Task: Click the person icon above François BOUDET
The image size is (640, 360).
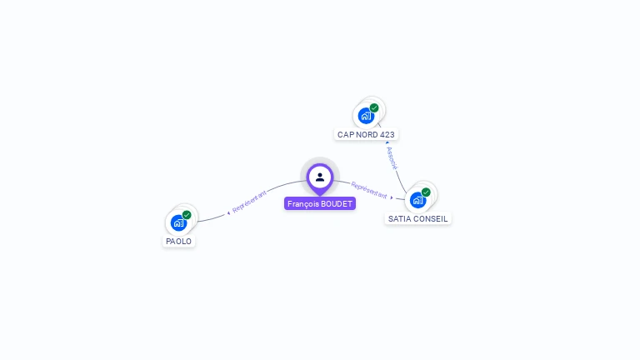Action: pos(320,177)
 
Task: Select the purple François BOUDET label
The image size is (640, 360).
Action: pos(320,203)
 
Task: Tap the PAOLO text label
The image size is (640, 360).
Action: pos(179,242)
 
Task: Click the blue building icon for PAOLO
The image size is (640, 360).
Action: pos(178,222)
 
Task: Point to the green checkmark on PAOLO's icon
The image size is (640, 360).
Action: pos(187,215)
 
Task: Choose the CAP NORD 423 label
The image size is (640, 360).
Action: pos(366,134)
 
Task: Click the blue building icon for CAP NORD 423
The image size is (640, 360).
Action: pos(365,116)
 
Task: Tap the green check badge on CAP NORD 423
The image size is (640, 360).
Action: pos(374,107)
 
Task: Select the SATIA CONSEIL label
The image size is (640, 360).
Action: pos(418,218)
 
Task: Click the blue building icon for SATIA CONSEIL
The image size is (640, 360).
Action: pos(417,200)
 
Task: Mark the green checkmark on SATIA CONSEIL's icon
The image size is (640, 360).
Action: pos(426,192)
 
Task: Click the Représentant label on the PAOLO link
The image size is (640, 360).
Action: pos(249,202)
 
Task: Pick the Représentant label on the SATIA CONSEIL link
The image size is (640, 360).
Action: pos(369,190)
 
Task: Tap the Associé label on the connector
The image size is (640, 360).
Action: pos(392,157)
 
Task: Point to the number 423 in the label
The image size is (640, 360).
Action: pos(387,134)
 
